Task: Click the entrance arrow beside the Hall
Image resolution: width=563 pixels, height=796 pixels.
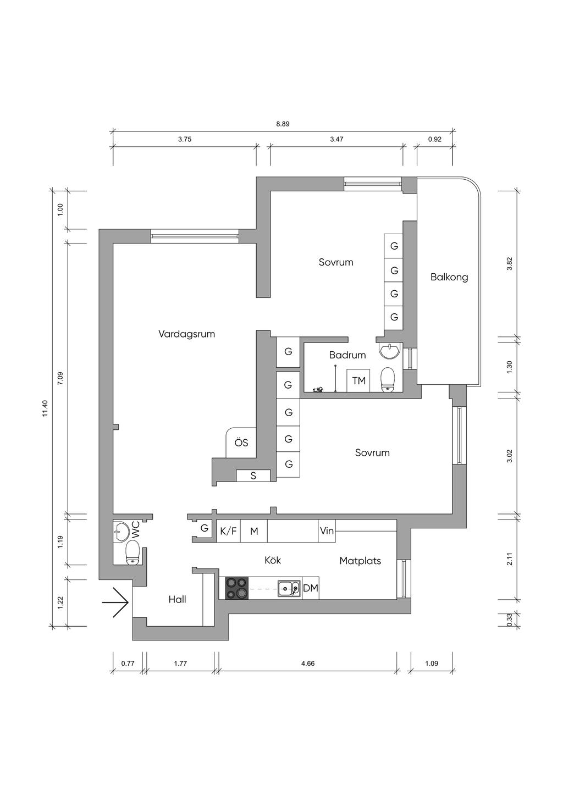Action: point(115,602)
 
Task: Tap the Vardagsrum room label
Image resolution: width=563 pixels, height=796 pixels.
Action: point(186,334)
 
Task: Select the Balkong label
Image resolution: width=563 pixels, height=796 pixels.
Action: point(449,277)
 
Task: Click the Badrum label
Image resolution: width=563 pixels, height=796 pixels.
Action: point(347,355)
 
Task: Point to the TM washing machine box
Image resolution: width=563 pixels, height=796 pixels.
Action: point(358,380)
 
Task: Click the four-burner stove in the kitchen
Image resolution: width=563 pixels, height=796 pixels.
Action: point(237,588)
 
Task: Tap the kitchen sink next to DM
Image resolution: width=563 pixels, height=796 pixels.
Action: point(289,588)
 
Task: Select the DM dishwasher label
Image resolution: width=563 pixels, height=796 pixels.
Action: point(311,588)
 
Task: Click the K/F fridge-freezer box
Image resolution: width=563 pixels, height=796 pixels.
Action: point(228,531)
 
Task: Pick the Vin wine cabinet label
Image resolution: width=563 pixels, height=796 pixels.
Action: point(327,531)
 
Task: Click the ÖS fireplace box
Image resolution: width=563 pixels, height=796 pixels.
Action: point(241,443)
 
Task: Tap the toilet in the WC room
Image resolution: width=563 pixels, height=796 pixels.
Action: point(133,552)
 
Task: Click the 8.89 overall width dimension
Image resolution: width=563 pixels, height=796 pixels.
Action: point(283,124)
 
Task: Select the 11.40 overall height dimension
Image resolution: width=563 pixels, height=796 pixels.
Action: point(46,408)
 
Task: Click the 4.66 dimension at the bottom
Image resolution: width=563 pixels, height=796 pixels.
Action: point(308,664)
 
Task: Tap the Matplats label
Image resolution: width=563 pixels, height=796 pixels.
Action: point(360,561)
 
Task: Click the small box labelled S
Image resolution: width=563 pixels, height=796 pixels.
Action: point(253,476)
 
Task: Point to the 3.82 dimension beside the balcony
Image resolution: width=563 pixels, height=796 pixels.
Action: point(509,264)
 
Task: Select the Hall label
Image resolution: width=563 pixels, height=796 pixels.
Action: point(177,600)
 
